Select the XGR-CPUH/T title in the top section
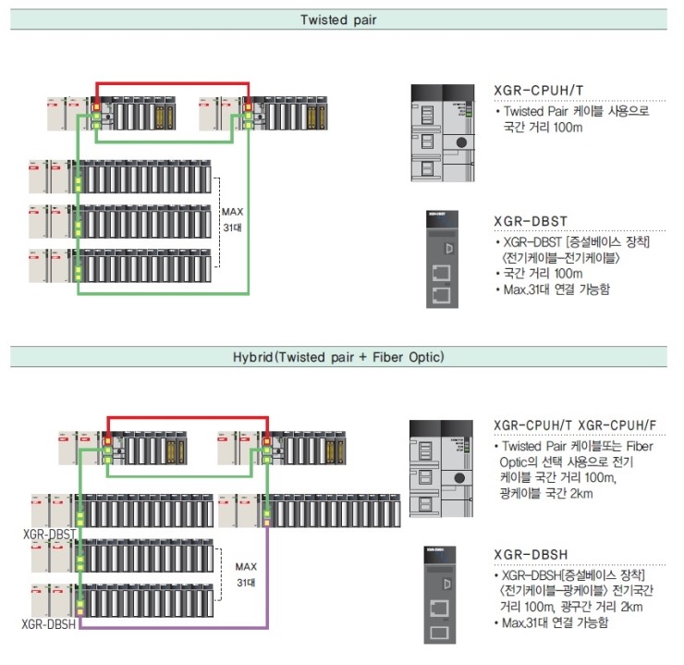coord(539,90)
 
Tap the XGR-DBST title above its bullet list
coord(531,222)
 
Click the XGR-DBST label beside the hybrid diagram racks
coord(48,535)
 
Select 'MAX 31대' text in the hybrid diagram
coord(245,574)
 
